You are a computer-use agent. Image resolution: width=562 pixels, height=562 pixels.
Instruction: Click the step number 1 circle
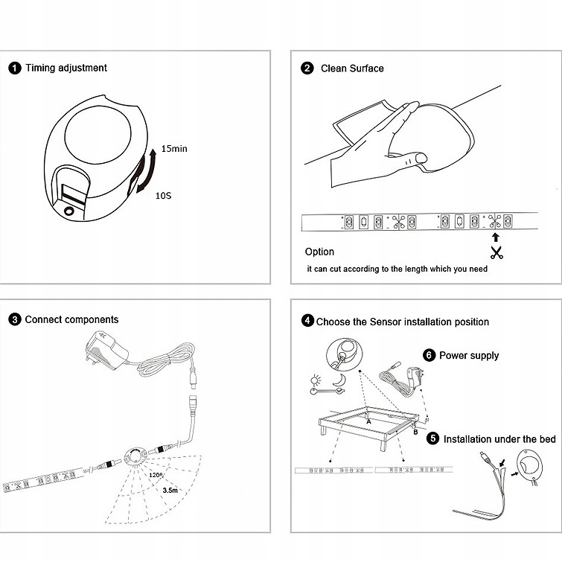(15, 68)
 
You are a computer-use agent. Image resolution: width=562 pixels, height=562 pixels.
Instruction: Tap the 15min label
(174, 149)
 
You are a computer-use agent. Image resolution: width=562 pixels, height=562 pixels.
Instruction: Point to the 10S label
(164, 196)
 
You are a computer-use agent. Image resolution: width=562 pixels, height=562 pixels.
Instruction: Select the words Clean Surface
(352, 68)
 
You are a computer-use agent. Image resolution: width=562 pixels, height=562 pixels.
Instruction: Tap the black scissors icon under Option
(496, 252)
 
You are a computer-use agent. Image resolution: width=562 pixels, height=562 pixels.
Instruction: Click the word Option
(319, 252)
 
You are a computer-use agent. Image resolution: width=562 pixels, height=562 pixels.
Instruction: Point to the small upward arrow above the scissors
(496, 237)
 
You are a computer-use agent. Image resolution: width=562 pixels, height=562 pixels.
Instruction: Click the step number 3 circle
(15, 320)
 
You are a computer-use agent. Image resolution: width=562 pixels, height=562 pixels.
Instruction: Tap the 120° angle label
(155, 474)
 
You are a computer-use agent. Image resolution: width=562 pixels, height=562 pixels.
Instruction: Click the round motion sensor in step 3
(135, 454)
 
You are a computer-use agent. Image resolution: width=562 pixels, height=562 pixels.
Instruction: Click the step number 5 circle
(432, 439)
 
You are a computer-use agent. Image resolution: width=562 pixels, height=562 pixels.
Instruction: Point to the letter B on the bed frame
(415, 431)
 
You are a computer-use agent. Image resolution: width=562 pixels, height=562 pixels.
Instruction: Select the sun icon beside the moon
(316, 380)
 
